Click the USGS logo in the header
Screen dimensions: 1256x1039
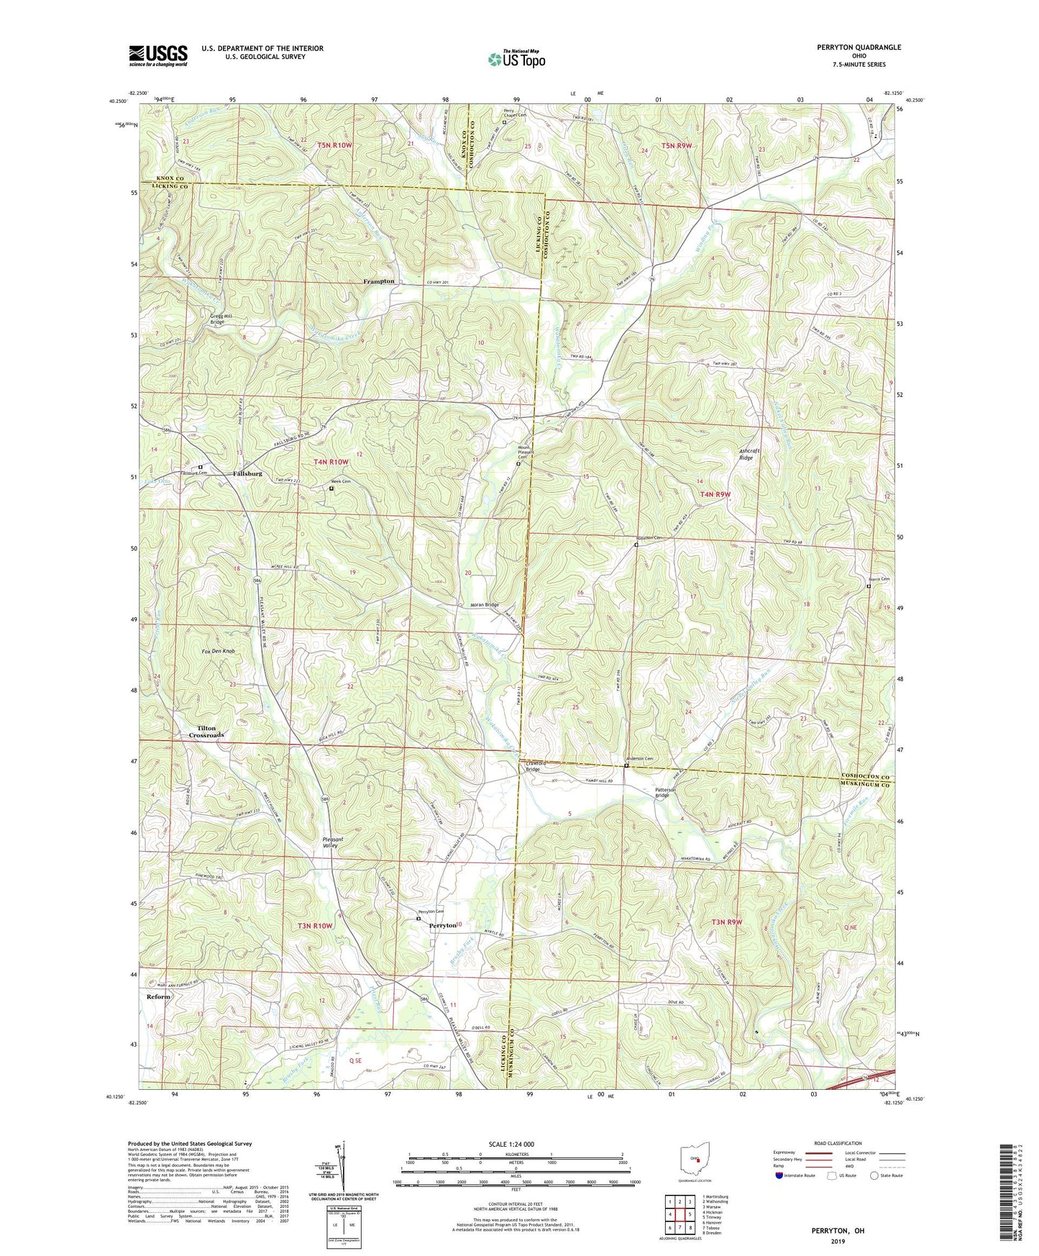(158, 55)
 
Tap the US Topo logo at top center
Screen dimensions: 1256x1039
(516, 59)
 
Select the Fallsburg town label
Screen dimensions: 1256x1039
(247, 474)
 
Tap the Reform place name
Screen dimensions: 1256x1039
(158, 996)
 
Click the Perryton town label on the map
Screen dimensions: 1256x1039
(443, 926)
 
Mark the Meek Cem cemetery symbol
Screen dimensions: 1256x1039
(331, 489)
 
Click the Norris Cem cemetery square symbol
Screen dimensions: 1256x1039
(869, 586)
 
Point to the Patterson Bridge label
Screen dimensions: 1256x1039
(662, 792)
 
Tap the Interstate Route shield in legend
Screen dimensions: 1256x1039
(779, 1175)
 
